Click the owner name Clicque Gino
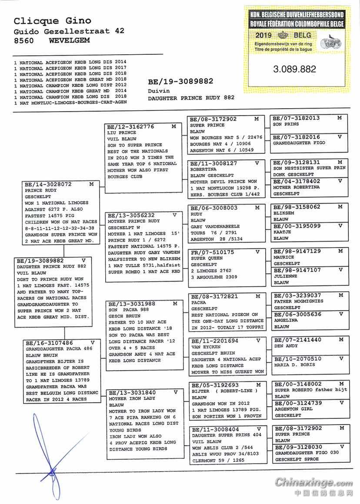(x=52, y=20)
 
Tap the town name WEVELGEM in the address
(x=70, y=40)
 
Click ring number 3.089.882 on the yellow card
(x=294, y=69)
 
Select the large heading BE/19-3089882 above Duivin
(x=180, y=82)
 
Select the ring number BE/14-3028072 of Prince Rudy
(x=48, y=184)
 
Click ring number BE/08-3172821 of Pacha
(x=214, y=296)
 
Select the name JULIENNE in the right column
(x=285, y=276)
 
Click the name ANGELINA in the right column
(x=286, y=320)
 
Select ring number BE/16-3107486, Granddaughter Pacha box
(x=48, y=343)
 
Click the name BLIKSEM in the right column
(x=283, y=213)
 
